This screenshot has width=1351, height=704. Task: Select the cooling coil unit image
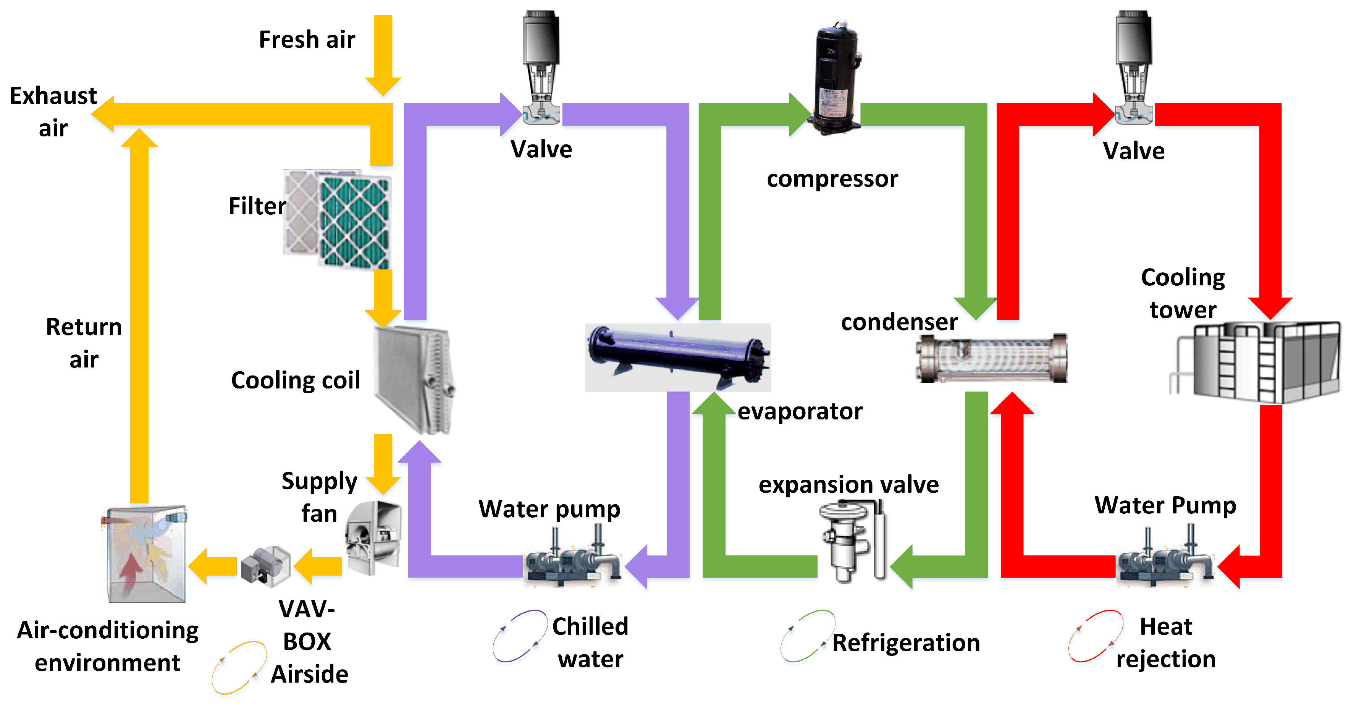pos(414,379)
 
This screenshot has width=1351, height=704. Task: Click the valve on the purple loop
pos(541,68)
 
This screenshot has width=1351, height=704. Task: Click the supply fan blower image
pos(373,536)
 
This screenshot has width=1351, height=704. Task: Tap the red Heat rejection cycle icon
pos(1095,636)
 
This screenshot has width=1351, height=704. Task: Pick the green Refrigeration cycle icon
pos(806,636)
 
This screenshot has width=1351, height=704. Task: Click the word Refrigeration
pos(906,643)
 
